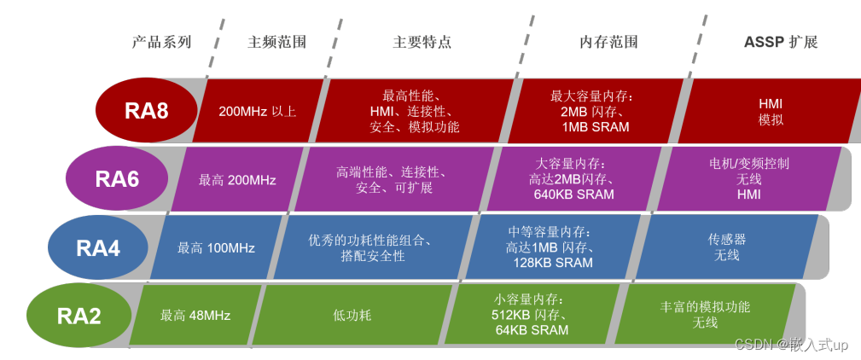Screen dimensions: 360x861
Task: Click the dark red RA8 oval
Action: pos(146,111)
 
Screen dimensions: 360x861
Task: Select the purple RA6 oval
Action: pos(117,179)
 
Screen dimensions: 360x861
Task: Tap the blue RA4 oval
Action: pos(97,248)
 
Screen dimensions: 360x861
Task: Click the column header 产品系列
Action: pos(161,42)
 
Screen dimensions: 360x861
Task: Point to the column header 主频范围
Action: pos(276,42)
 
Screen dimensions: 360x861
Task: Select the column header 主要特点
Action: pos(422,42)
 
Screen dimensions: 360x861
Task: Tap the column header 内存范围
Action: pos(608,42)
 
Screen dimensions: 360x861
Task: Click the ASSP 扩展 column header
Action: pos(781,42)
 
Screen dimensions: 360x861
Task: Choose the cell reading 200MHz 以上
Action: pos(257,111)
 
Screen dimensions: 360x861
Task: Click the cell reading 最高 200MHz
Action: pos(237,180)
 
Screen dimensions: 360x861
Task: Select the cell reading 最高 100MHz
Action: pos(216,248)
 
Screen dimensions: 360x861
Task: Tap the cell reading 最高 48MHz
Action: pos(195,316)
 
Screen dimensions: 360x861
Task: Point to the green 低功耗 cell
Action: pos(352,316)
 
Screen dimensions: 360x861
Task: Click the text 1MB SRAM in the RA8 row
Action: pos(595,126)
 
